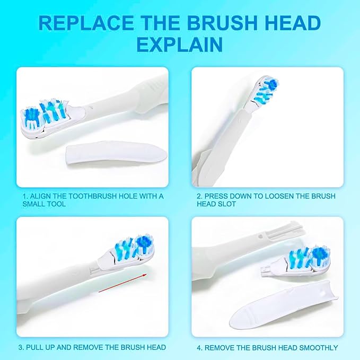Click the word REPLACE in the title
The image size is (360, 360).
[x=86, y=23]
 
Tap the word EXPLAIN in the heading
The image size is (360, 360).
[x=180, y=45]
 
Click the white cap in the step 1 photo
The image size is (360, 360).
[x=116, y=153]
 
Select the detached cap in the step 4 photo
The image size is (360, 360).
[x=284, y=304]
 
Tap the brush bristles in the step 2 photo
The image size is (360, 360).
[x=267, y=90]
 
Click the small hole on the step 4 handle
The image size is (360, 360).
[x=260, y=236]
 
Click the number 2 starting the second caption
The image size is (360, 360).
[x=199, y=196]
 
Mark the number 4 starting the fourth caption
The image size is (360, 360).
[x=199, y=348]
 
